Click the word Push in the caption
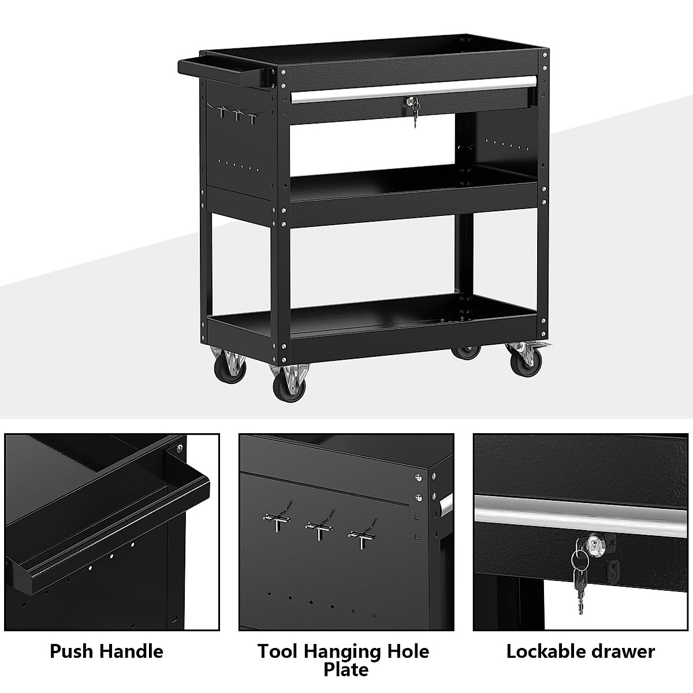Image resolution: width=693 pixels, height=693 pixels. (x=72, y=651)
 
